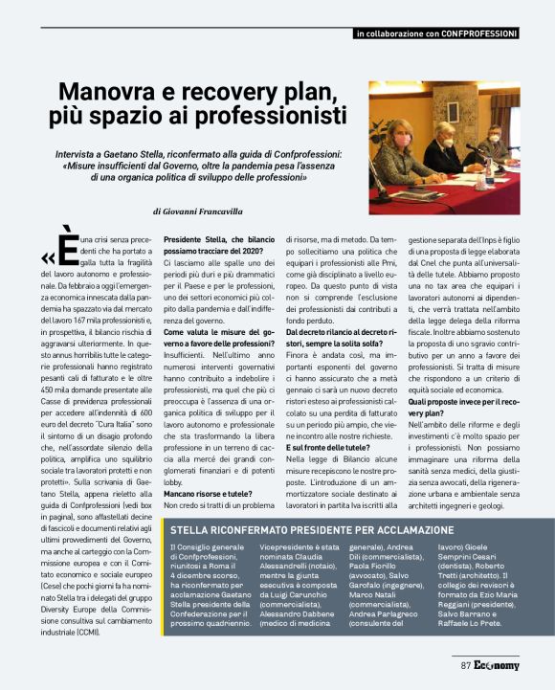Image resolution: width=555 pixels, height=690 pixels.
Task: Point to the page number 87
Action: pyautogui.click(x=467, y=665)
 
